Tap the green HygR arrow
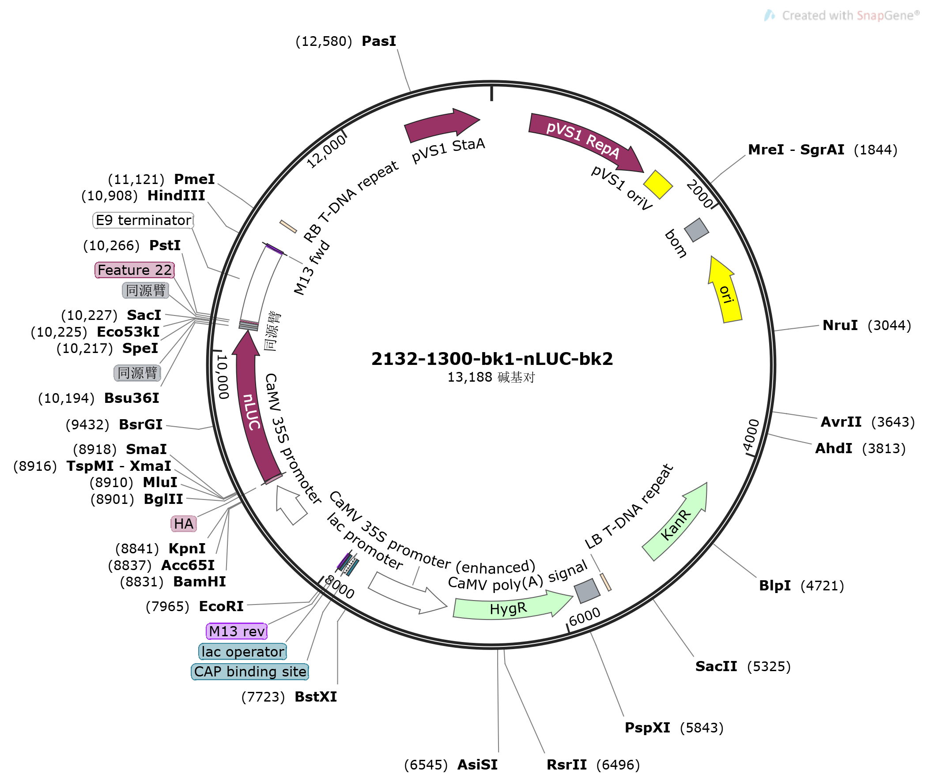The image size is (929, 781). coord(510,608)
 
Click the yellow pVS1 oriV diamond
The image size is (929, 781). coord(658,184)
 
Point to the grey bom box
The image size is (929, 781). coord(696,230)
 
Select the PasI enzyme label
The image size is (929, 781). coord(379,41)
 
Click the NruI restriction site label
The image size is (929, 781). coord(840,326)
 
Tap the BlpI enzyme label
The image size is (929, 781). coord(775,586)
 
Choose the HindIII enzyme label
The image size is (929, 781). coord(176,196)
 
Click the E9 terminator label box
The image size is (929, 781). coord(144,221)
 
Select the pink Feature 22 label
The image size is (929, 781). coord(135,270)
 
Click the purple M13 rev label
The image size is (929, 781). coord(237,631)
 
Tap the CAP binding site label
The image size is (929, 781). coord(250,672)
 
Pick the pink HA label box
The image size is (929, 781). coord(183,524)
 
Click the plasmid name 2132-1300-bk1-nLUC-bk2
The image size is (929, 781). coord(492,359)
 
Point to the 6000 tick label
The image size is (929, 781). coord(585,616)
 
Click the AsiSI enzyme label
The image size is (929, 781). coord(477,765)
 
